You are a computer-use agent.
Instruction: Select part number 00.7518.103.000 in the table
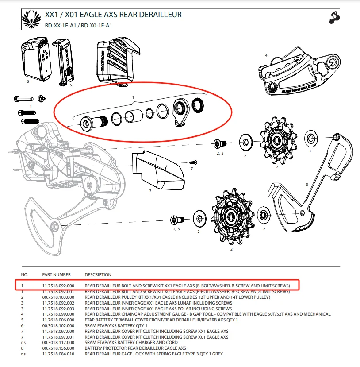tap(58, 297)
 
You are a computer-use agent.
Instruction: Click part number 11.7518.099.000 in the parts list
tap(58, 314)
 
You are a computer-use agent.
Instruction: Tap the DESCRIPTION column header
tap(98, 274)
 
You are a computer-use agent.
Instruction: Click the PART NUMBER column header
tap(56, 274)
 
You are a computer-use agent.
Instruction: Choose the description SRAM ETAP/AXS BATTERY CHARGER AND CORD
tap(131, 342)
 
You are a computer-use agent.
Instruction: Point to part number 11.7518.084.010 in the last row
tap(58, 354)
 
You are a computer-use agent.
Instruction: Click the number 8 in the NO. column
tap(23, 348)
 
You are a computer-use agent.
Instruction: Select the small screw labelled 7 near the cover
tap(193, 162)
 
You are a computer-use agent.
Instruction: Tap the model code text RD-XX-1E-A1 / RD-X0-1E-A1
tap(73, 25)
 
